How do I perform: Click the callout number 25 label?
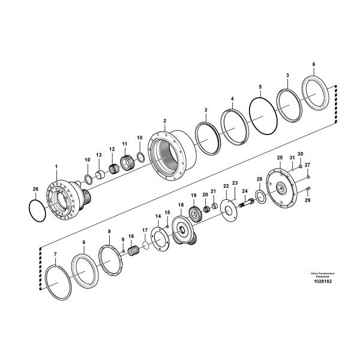[x=280, y=157]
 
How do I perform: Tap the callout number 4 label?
[x=232, y=98]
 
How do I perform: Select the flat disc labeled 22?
[x=229, y=207]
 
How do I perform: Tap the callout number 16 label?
[x=131, y=236]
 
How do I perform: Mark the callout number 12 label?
[x=112, y=149]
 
